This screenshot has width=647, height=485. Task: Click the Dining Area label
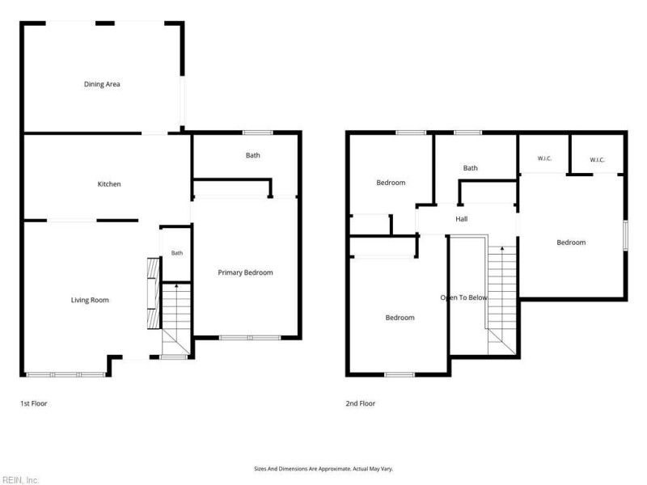102,84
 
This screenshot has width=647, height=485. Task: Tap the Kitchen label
109,184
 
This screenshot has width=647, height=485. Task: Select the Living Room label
90,300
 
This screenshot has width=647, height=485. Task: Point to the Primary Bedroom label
245,272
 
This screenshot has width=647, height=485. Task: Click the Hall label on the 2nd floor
461,219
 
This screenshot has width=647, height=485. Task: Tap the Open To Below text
463,297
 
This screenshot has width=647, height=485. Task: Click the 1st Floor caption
34,403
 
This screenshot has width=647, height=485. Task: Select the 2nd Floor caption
361,403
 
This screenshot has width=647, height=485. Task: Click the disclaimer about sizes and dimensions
323,469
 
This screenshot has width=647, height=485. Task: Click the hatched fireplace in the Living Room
153,293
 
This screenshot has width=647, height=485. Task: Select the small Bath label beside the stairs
177,253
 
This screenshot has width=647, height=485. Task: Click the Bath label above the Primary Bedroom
253,155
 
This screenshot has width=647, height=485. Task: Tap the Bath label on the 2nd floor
471,168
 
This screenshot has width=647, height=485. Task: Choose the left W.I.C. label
544,158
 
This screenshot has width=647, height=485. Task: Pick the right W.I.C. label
597,160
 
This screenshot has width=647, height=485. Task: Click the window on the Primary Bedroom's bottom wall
250,338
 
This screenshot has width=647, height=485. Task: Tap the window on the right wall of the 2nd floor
625,235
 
